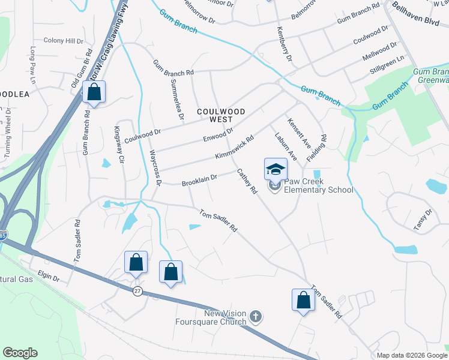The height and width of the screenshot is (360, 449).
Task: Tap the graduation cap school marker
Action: point(276,169)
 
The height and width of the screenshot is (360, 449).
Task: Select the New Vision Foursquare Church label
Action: point(225,317)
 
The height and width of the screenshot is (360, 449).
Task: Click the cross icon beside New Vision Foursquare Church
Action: point(255,316)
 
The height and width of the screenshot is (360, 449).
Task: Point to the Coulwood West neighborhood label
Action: point(221,116)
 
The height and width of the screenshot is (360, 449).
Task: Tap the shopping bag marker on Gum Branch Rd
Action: point(94,92)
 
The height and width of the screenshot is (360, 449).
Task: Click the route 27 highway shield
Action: point(137,290)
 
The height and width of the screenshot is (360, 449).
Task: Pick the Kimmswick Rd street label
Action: point(235,148)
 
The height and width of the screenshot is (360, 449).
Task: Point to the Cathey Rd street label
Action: point(247,181)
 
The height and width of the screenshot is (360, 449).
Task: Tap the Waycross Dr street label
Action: point(155,167)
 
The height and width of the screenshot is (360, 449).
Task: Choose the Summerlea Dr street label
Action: point(175,96)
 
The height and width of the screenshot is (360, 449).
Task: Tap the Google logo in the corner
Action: point(20,353)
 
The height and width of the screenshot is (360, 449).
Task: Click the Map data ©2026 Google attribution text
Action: point(411,355)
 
